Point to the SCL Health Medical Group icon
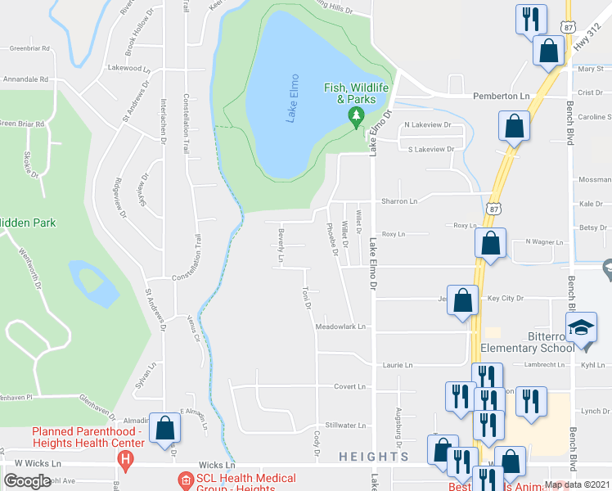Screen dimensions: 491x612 coord(185,479)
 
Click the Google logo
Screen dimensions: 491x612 coord(27,481)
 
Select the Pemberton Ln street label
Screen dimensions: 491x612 coord(502,96)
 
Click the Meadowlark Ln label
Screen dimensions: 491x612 coord(340,326)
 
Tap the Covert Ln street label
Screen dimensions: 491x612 coord(349,386)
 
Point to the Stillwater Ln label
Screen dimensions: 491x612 coord(344,426)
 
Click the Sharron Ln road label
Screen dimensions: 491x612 coord(398,201)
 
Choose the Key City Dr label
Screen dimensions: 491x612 coord(505,299)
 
